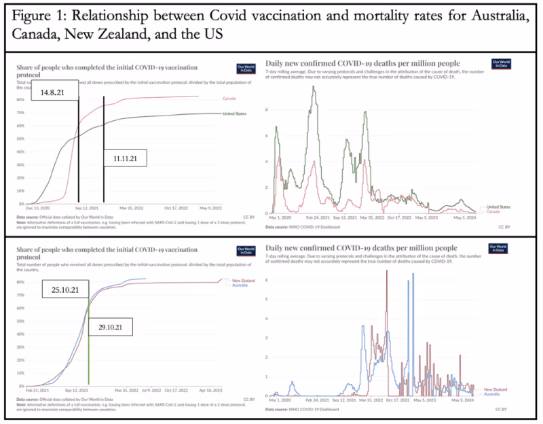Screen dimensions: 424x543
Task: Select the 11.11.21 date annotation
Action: pyautogui.click(x=125, y=159)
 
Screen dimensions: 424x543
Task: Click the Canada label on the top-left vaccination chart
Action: pyautogui.click(x=229, y=99)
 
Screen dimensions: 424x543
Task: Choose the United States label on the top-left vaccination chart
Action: pyautogui.click(x=234, y=113)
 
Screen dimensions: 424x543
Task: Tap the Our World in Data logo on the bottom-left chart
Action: pyautogui.click(x=244, y=249)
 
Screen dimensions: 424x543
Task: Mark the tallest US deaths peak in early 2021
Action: pyautogui.click(x=314, y=88)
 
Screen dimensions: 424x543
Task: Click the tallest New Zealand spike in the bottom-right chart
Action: pyautogui.click(x=388, y=272)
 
